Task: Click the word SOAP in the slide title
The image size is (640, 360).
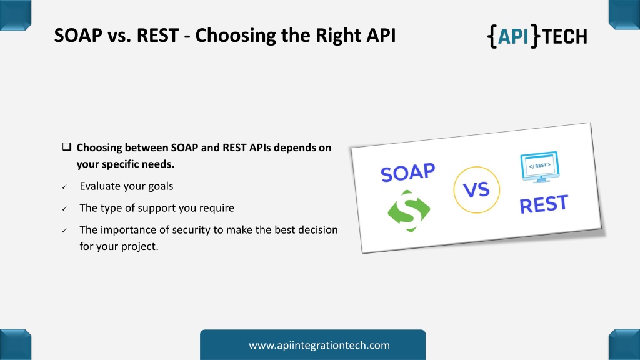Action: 78,36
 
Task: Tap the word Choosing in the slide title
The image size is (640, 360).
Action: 235,36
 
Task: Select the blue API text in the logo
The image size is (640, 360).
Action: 514,36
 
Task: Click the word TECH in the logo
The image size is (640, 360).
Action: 565,37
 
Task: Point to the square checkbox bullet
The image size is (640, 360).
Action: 67,147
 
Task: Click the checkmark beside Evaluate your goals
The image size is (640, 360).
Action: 64,187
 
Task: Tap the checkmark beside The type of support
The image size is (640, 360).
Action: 64,209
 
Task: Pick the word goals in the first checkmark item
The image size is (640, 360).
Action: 160,186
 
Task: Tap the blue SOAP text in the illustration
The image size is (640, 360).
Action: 407,172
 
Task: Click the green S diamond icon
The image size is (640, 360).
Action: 409,211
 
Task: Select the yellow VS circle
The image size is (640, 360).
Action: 476,190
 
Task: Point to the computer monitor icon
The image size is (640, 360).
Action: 540,167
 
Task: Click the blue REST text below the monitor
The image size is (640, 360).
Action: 544,204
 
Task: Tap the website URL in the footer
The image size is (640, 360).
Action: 319,345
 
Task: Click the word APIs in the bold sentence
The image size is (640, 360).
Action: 260,147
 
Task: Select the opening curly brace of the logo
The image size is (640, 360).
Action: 492,36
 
